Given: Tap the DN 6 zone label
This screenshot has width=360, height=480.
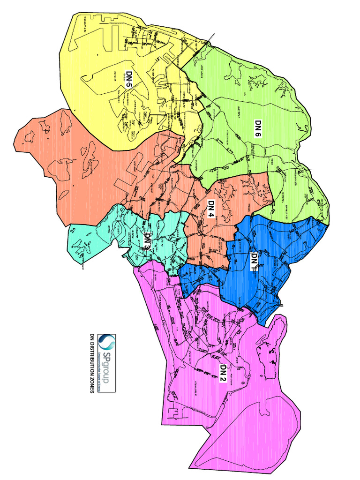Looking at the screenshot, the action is [x=258, y=128].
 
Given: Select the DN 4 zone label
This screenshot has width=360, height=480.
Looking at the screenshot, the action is [x=211, y=209].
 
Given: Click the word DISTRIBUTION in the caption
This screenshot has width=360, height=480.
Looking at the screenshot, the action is [x=92, y=361].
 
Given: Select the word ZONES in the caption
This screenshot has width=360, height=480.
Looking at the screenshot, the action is [x=92, y=386].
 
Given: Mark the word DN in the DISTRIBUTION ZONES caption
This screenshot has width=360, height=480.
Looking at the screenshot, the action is [x=92, y=337].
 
